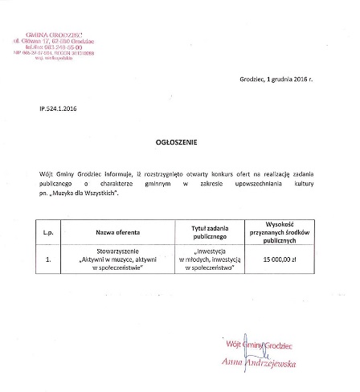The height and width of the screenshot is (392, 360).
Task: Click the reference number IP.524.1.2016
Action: tap(59, 107)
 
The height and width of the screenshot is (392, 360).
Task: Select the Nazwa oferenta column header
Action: tap(117, 232)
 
